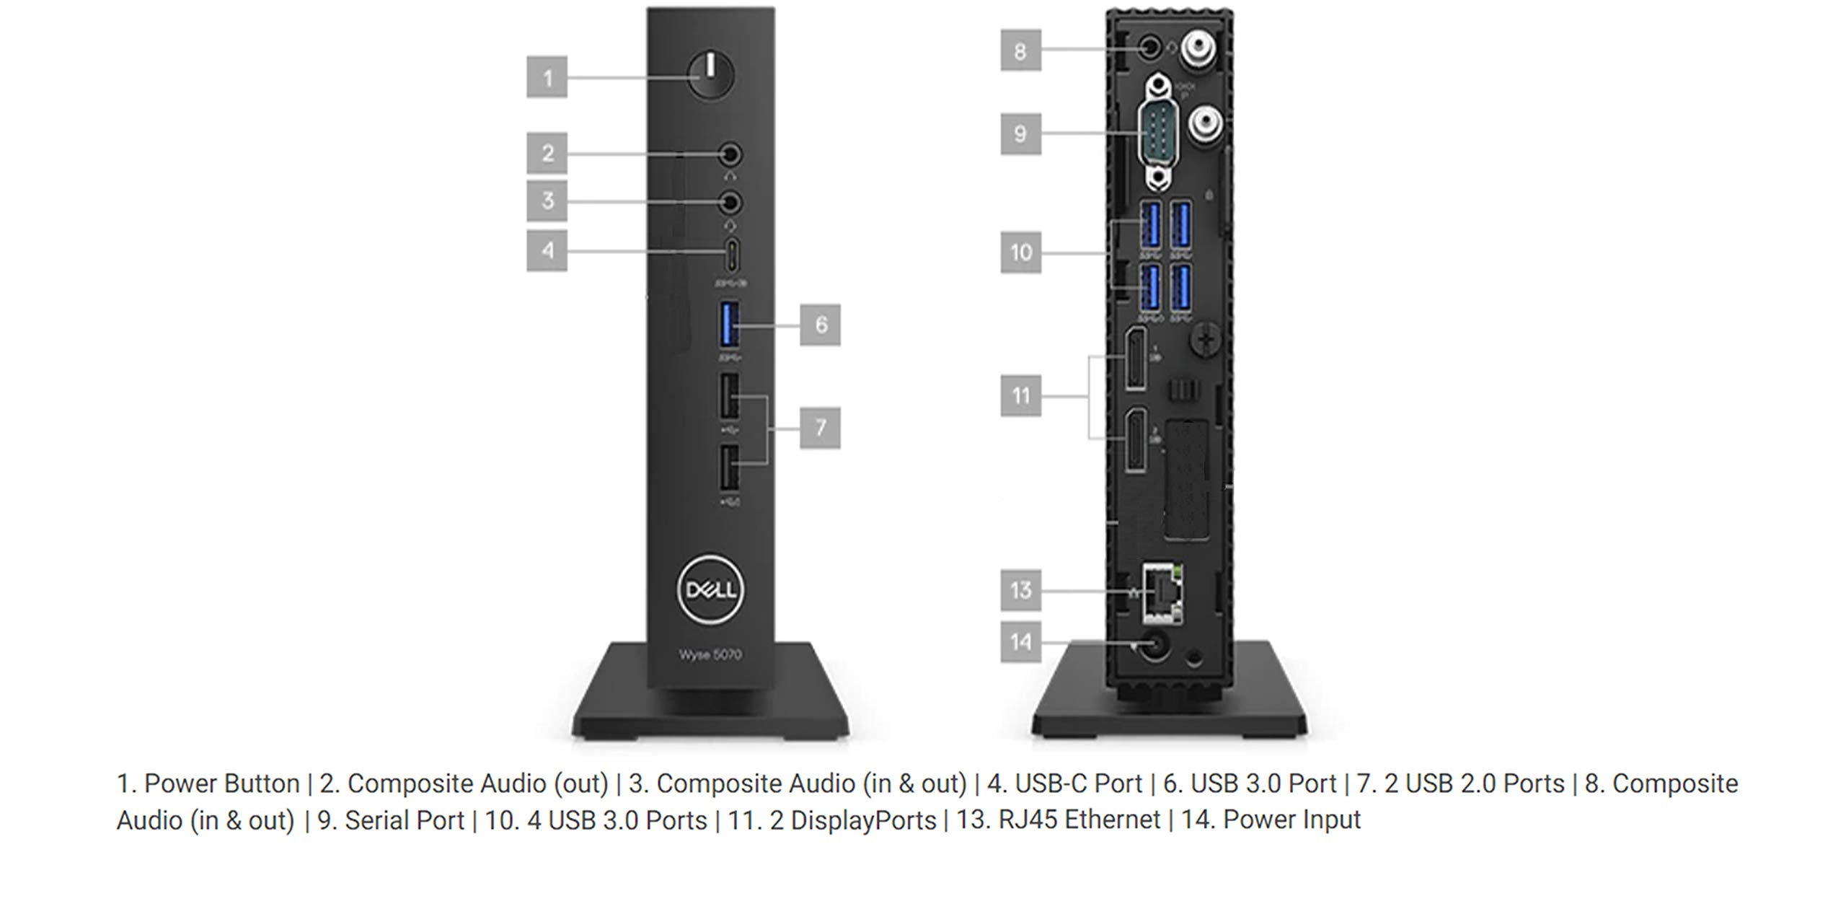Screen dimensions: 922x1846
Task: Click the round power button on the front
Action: tap(710, 75)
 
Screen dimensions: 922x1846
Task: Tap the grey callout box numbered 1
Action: tap(547, 77)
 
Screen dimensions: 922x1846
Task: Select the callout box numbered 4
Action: tap(547, 250)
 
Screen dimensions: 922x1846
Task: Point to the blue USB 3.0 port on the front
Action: tap(729, 325)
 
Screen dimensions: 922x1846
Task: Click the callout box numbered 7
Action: tap(820, 428)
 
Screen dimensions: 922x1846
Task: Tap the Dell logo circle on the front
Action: tap(710, 590)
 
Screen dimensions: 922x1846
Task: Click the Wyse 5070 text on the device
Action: tap(710, 655)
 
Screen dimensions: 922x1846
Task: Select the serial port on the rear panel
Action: tap(1157, 135)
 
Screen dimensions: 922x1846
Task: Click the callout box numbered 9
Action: tap(1020, 133)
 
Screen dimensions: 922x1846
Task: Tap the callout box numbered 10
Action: tap(1020, 253)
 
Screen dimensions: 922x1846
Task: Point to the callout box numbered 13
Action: tap(1020, 590)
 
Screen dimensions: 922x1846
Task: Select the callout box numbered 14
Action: tap(1020, 641)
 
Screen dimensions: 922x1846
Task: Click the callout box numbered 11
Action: tap(1020, 395)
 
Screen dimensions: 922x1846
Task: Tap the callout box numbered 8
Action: tap(1020, 51)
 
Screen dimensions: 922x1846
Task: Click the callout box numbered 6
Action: tap(821, 325)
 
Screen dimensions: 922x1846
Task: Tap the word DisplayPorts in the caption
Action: tap(863, 820)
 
